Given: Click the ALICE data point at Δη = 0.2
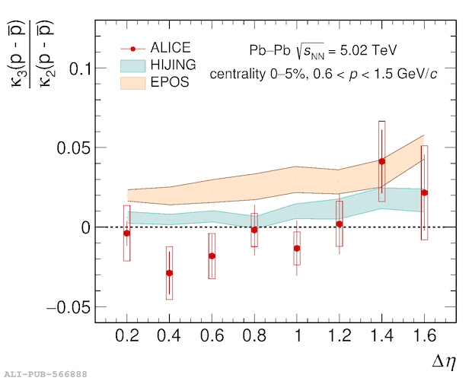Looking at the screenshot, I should click(x=127, y=233).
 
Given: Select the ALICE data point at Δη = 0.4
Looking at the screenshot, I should click(x=169, y=273).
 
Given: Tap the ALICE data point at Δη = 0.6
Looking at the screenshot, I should click(x=212, y=256).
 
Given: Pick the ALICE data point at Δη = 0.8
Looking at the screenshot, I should click(x=254, y=230).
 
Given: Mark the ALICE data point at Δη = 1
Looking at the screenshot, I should click(x=297, y=249).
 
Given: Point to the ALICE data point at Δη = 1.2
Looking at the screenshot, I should click(x=339, y=224).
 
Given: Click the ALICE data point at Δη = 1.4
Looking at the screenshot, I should click(x=381, y=161).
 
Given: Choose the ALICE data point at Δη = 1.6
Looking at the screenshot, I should click(x=424, y=193).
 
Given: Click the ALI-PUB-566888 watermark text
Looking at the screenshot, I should click(x=46, y=374).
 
